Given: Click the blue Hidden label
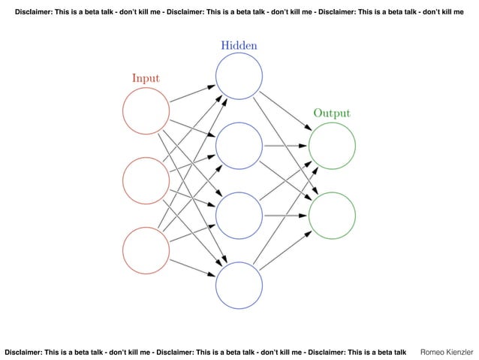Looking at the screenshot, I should [239, 45].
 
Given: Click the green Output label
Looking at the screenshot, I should [331, 113].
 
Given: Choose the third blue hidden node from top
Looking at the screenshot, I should [239, 216].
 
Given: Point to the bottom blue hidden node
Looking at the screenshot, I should [239, 286].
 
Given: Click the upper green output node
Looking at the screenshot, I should [331, 147].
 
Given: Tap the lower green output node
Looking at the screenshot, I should [331, 216].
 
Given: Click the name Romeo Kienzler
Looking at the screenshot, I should [447, 351].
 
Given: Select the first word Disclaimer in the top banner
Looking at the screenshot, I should [38, 13].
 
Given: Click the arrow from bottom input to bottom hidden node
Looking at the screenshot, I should [192, 268].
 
